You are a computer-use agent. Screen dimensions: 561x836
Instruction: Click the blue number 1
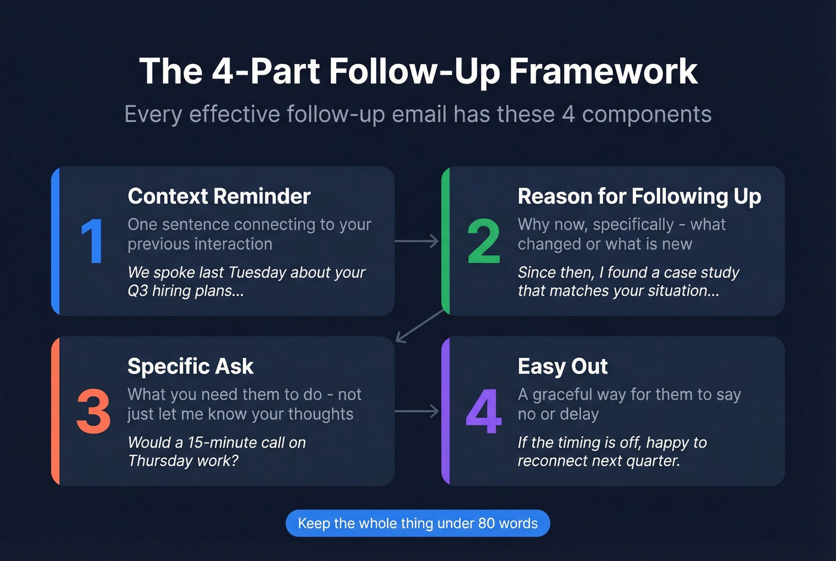92,241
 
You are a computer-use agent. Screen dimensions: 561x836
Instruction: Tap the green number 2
483,241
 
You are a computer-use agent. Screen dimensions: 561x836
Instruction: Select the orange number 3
94,412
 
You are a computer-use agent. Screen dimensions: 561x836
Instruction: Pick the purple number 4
483,412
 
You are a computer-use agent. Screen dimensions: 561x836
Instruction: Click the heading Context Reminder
219,197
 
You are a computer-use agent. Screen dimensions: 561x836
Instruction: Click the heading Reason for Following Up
639,197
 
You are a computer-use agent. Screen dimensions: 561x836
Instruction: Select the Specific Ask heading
190,366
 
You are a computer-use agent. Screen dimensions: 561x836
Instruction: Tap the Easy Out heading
563,366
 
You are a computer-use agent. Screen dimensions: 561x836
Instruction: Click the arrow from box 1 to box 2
417,241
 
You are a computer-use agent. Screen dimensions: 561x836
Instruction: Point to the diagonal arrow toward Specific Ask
420,326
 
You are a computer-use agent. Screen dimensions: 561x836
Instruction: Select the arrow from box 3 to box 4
417,411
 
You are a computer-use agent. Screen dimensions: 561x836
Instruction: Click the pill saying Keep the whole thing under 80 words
417,523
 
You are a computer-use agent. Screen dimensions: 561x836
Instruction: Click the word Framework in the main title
603,72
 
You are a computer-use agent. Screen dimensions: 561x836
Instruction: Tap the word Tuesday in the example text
257,272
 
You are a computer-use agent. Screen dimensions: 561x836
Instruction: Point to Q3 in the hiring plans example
137,291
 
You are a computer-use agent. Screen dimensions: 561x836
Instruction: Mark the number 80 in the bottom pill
486,523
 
